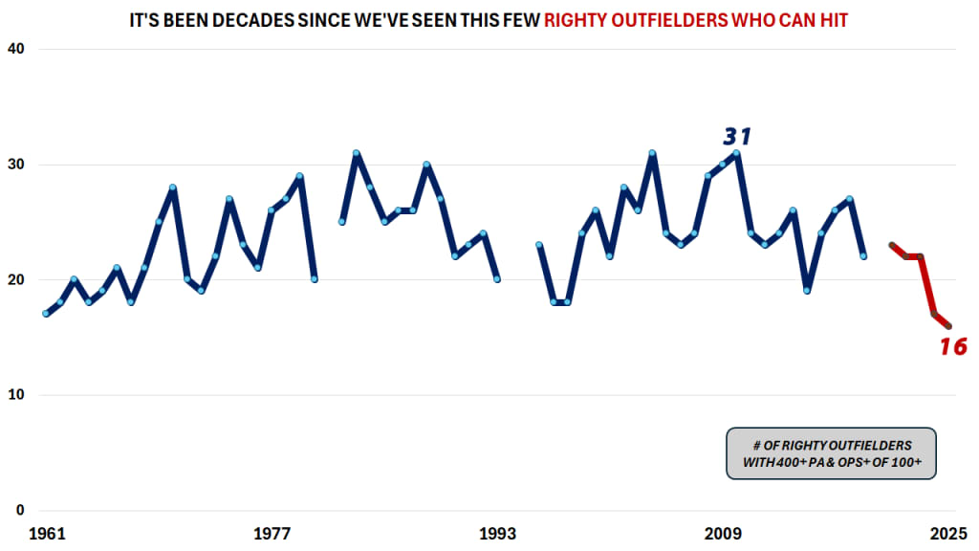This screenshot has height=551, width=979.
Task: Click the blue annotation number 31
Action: (737, 137)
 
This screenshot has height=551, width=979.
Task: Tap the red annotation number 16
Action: (952, 346)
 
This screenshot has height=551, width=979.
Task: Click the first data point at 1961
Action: (46, 314)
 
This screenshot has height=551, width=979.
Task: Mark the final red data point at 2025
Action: (948, 326)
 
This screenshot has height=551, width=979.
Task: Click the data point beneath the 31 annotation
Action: (737, 153)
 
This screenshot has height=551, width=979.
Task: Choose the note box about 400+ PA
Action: (831, 453)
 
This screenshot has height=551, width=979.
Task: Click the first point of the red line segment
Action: (892, 246)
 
